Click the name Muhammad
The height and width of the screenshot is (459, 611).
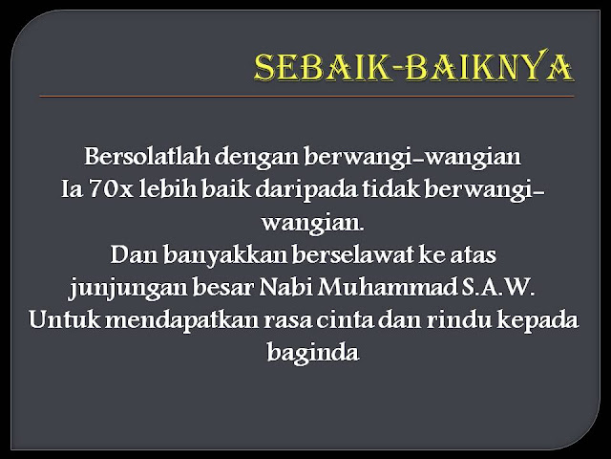tap(392, 288)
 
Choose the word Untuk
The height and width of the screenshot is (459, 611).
tap(61, 321)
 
